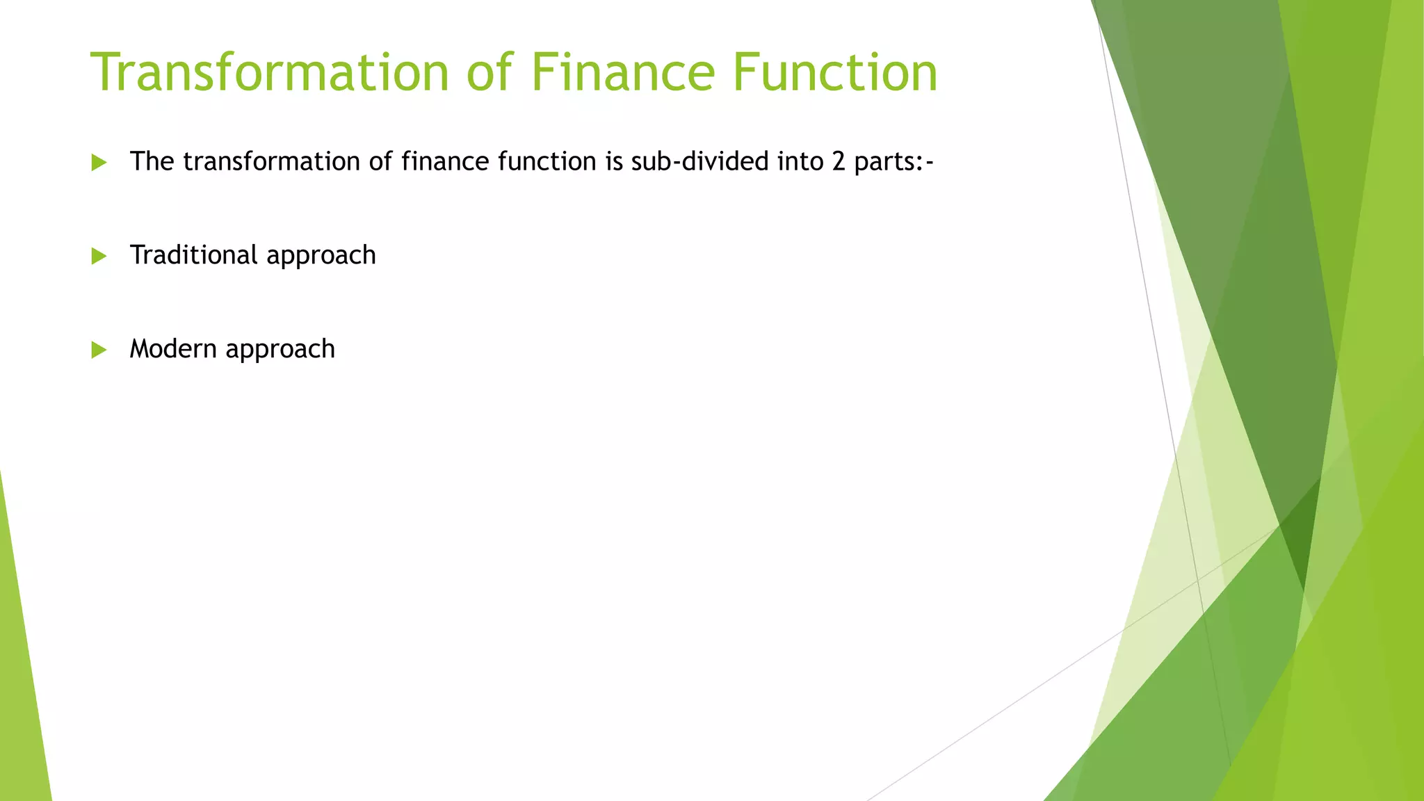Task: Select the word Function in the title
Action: pos(834,72)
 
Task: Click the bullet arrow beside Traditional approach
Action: pos(99,257)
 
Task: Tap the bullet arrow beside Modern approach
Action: pos(99,350)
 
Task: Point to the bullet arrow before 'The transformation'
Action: pos(99,163)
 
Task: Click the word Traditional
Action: pos(194,255)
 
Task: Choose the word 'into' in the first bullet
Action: pos(800,162)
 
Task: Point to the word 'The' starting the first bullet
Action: pos(152,162)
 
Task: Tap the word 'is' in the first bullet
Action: pos(614,162)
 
